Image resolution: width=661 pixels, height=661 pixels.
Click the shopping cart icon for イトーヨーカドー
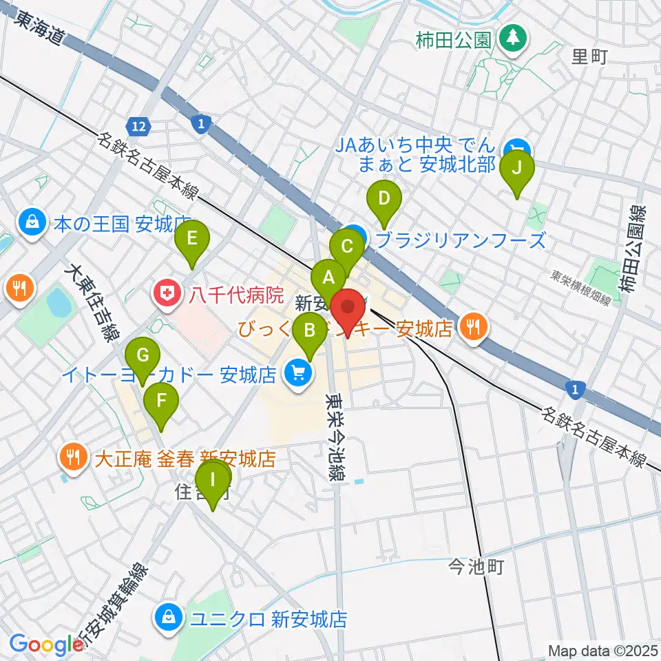coord(297,374)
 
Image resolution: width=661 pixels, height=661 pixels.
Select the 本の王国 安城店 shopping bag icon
coord(32,222)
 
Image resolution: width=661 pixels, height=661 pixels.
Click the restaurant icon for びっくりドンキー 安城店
coord(473,324)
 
